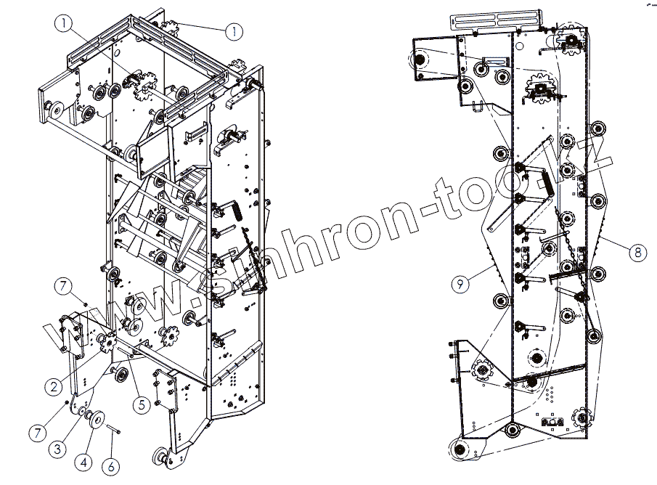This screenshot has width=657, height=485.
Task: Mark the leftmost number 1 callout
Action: point(65,23)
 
